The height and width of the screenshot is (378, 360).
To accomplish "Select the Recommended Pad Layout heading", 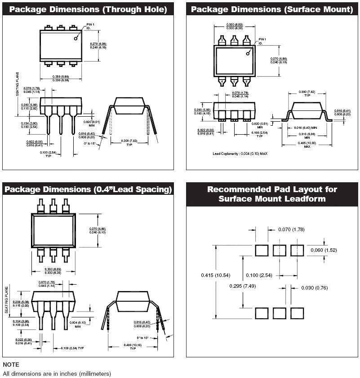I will (272, 194).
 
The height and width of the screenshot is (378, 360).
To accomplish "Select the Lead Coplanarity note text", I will (240, 154).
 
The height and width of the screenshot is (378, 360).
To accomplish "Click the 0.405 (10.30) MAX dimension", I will (307, 145).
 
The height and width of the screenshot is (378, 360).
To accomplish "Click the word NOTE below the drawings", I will (11, 365).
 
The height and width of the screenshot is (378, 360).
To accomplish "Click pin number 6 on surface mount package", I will (246, 81).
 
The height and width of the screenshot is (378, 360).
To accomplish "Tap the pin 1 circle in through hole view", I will (76, 39).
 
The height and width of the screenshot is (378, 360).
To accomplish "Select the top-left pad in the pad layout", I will (262, 251).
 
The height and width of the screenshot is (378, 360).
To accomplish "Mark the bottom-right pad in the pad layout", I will (297, 313).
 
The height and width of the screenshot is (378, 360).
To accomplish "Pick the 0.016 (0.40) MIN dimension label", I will (307, 128).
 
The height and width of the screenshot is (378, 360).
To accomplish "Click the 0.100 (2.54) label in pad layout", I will (258, 275).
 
